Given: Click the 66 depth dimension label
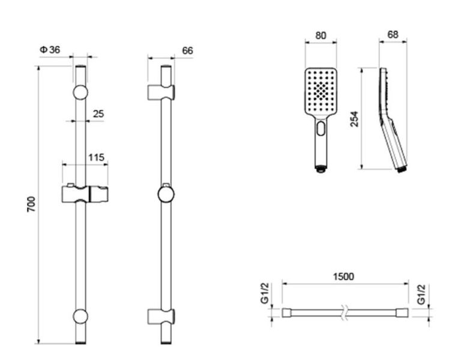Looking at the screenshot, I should [x=187, y=51].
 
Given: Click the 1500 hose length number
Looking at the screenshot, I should [x=343, y=276].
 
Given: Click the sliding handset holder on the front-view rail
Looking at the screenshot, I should [x=84, y=195].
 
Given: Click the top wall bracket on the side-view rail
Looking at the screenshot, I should [x=161, y=92].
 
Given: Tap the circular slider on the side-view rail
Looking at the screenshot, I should [x=166, y=195].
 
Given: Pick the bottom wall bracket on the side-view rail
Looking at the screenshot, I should [x=161, y=316].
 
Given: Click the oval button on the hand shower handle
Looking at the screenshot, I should [x=322, y=129].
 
